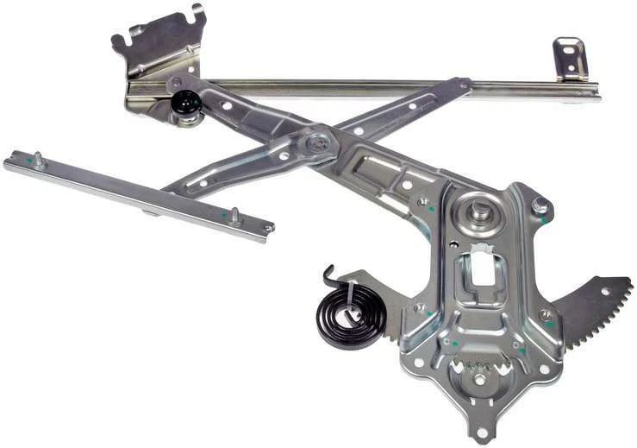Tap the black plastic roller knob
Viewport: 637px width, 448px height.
click(x=185, y=104)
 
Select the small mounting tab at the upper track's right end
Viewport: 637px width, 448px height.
click(x=570, y=59)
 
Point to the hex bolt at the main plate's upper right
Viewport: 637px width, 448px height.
click(x=540, y=206)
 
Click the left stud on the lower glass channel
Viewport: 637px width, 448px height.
click(x=38, y=159)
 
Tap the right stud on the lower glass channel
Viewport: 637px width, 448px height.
click(x=234, y=215)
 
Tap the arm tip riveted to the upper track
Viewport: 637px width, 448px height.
click(x=465, y=85)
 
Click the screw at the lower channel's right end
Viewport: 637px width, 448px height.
click(x=267, y=229)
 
